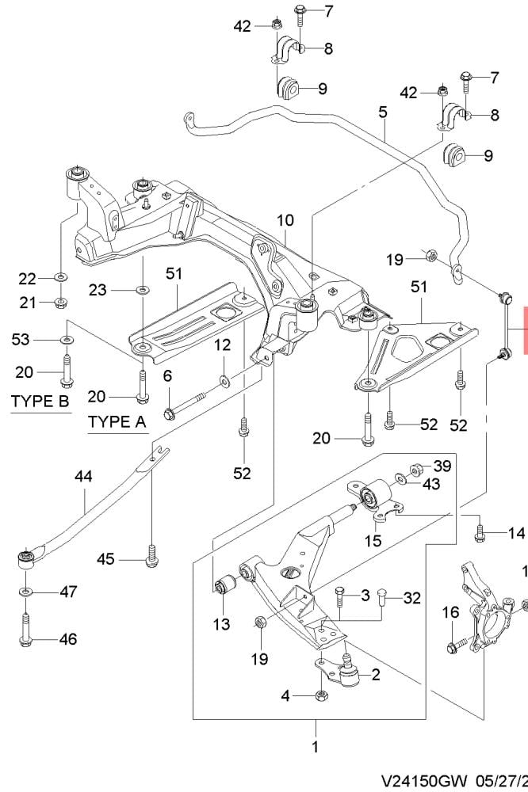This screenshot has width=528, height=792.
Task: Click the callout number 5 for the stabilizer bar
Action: pos(383,112)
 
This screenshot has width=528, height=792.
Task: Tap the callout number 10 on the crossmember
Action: pos(285,219)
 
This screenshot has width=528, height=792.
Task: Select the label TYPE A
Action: pos(117,421)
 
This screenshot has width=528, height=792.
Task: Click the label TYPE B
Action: pos(40,402)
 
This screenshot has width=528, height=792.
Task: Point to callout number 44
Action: pos(83,476)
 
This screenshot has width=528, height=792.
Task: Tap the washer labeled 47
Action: pos(26,592)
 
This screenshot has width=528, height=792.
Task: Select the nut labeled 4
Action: pos(322,696)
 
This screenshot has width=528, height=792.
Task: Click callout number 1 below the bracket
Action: pos(315,746)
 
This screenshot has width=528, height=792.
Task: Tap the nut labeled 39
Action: pos(413,467)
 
